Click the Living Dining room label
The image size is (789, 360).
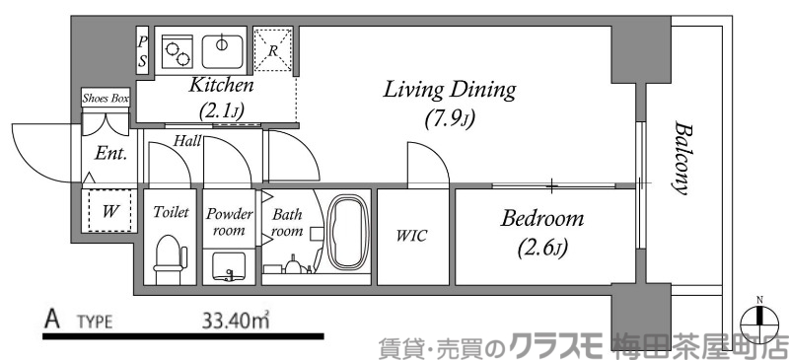[449, 92]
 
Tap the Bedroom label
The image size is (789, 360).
[540, 218]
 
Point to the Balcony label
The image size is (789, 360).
[681, 158]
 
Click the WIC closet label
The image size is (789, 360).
[411, 236]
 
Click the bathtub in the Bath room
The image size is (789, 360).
[347, 233]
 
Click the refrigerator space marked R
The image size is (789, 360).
[272, 48]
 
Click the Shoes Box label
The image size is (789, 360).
[105, 99]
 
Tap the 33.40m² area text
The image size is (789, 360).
[234, 321]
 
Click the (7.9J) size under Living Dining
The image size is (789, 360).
[449, 120]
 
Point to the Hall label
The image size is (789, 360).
[187, 141]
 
